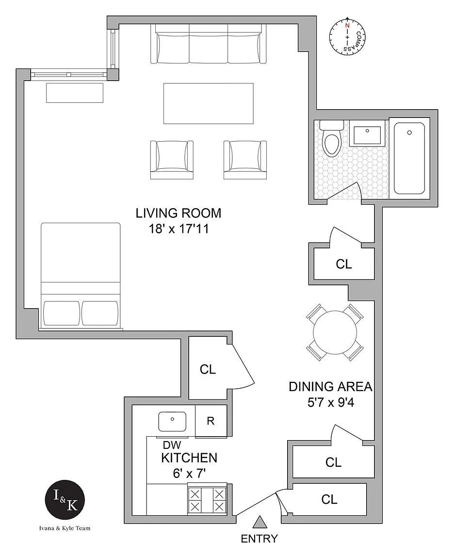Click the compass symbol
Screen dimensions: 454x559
point(347,36)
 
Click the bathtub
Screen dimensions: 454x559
point(409,158)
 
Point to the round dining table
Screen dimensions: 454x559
point(335,332)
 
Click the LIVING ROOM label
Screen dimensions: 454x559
point(178,213)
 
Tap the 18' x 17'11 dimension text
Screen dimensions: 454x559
point(178,229)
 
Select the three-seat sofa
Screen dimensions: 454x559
point(209,44)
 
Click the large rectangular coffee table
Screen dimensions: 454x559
point(209,103)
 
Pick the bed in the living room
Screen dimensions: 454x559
point(81,275)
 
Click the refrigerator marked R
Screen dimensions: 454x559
point(211,421)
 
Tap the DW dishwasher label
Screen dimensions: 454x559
point(172,445)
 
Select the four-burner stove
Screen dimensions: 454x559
point(207,500)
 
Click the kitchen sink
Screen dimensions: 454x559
point(172,421)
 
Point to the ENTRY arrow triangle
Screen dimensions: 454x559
point(260,522)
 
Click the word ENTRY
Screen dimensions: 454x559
point(259,539)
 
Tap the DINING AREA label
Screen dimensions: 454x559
point(330,387)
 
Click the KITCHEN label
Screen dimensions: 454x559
point(189,458)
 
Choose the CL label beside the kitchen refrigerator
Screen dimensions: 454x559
point(208,369)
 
